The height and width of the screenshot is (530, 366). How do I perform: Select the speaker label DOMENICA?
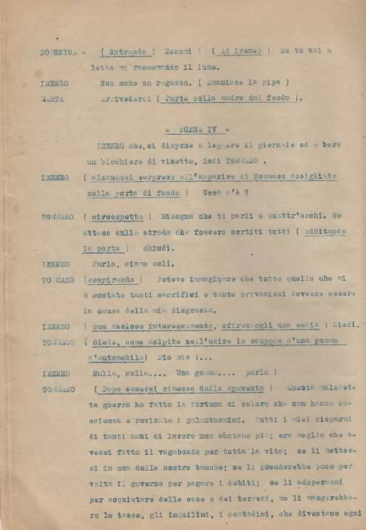pyautogui.click(x=58, y=53)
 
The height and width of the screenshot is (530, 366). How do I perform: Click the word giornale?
pyautogui.click(x=271, y=145)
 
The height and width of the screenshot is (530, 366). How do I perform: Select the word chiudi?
pyautogui.click(x=152, y=249)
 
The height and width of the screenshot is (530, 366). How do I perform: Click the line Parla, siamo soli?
pyautogui.click(x=134, y=264)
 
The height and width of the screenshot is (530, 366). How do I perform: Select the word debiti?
pyautogui.click(x=226, y=482)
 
